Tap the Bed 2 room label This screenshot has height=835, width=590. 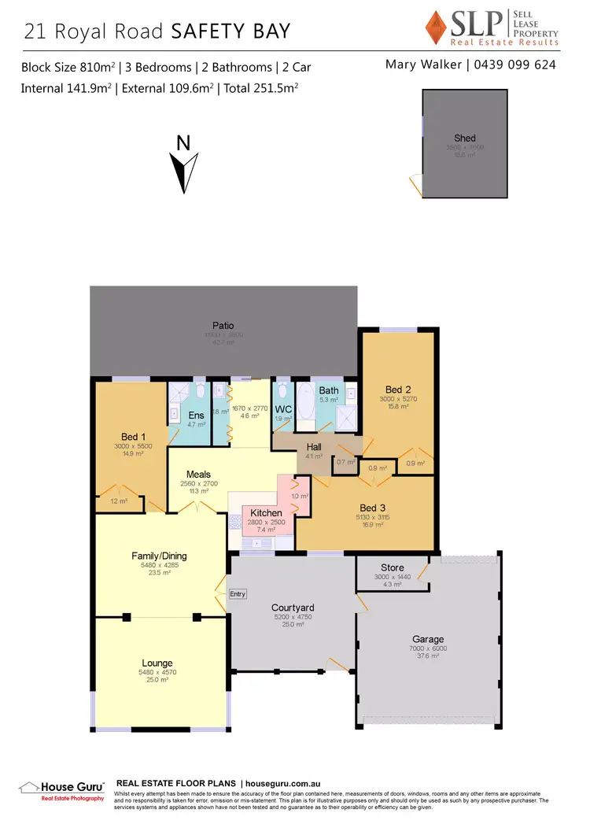pos(398,390)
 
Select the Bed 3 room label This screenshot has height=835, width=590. pos(368,508)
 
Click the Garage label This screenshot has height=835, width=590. pos(428,639)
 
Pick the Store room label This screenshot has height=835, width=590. pos(393,567)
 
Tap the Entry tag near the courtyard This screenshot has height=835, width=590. pos(238,594)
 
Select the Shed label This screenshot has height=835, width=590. pos(465,139)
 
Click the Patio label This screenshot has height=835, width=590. pos(223,325)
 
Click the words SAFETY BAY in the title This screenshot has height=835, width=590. pos(230,31)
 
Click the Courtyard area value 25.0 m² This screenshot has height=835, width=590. pos(293,625)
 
